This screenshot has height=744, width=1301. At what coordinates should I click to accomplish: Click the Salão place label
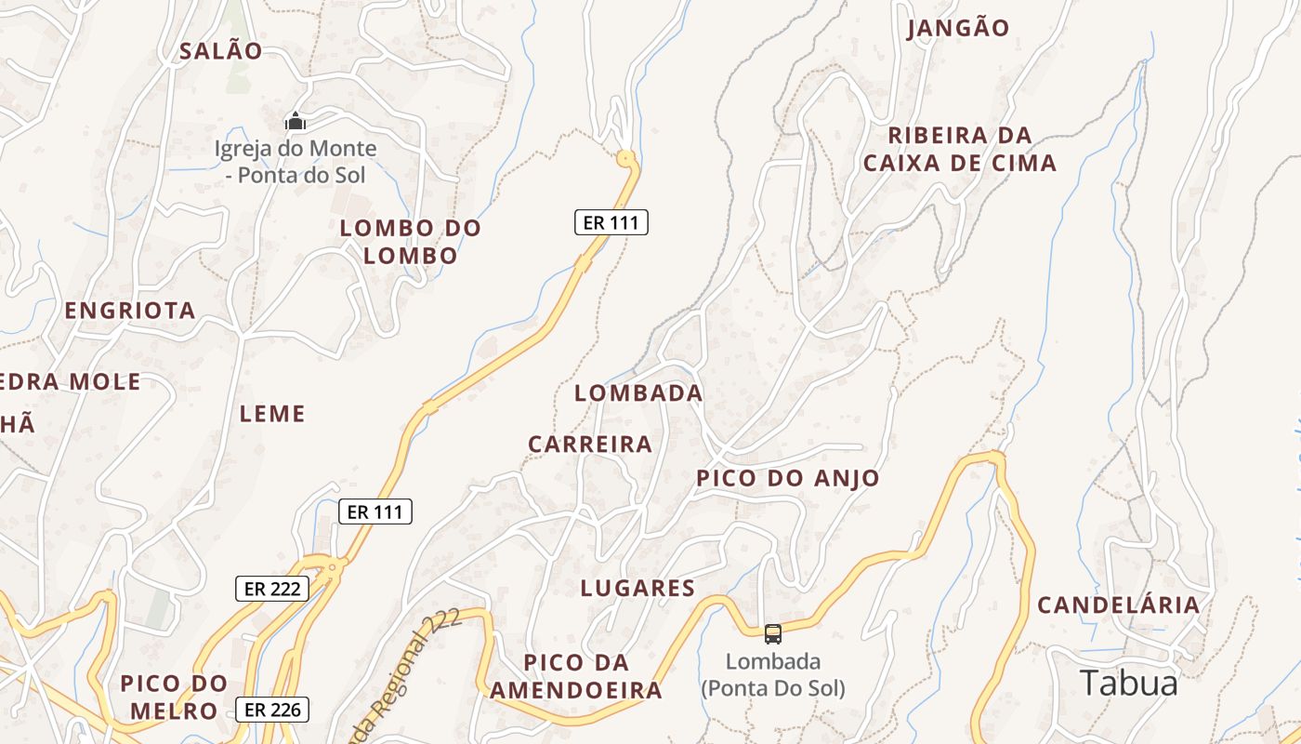pyautogui.click(x=221, y=51)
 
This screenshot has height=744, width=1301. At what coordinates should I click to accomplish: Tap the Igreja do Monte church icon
pyautogui.click(x=296, y=121)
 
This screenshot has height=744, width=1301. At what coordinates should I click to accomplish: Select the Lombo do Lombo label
pyautogui.click(x=410, y=242)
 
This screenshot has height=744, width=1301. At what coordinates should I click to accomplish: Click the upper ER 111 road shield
pyautogui.click(x=611, y=222)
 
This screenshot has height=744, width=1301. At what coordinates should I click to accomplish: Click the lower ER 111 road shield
pyautogui.click(x=375, y=511)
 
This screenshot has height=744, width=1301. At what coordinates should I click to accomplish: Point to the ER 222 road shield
pyautogui.click(x=271, y=588)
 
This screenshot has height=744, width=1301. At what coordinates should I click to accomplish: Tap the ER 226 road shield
pyautogui.click(x=271, y=710)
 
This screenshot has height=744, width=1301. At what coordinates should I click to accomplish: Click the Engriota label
pyautogui.click(x=130, y=311)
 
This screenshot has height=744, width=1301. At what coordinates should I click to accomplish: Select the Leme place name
pyautogui.click(x=272, y=414)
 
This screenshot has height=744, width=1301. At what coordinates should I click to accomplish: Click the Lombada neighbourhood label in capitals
pyautogui.click(x=638, y=393)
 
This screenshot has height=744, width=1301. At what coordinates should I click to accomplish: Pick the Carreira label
pyautogui.click(x=590, y=445)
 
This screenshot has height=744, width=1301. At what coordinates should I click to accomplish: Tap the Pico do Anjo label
pyautogui.click(x=788, y=479)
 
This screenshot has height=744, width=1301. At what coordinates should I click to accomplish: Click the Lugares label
pyautogui.click(x=637, y=588)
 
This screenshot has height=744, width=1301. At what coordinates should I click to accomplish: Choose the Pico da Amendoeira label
pyautogui.click(x=576, y=677)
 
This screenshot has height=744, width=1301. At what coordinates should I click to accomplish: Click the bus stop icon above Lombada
pyautogui.click(x=772, y=634)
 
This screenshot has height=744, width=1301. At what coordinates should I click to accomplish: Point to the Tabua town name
pyautogui.click(x=1128, y=684)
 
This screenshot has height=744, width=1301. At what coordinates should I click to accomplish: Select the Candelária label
pyautogui.click(x=1118, y=605)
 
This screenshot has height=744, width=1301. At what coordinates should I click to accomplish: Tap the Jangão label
pyautogui.click(x=957, y=28)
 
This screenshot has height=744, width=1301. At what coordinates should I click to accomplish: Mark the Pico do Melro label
pyautogui.click(x=174, y=697)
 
